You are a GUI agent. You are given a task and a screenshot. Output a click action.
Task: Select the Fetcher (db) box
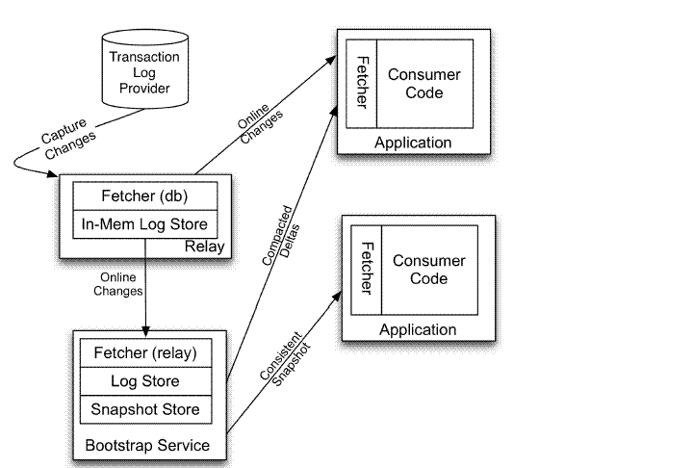point(145,195)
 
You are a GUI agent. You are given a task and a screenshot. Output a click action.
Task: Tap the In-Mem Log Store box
point(145,226)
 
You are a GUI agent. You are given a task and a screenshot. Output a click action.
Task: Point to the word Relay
point(205,247)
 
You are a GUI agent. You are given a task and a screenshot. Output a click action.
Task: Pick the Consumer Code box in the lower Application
point(429,270)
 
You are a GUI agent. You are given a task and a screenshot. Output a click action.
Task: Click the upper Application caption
point(413,143)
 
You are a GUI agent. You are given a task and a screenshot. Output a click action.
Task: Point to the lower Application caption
point(418,329)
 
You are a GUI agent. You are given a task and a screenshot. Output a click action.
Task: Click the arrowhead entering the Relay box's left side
point(56,174)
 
